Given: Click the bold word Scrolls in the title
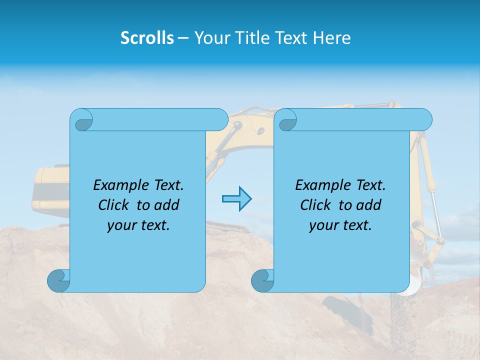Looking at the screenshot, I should [147, 38].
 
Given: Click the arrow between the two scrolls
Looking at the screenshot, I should [236, 198].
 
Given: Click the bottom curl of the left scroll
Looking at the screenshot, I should [59, 280].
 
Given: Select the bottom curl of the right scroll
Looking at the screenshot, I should [263, 280].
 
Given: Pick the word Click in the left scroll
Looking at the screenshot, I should [109, 205].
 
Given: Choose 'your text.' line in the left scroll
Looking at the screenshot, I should [138, 225].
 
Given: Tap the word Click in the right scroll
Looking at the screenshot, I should [311, 205].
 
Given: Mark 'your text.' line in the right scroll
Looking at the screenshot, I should [340, 225].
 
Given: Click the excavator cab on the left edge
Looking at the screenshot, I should [50, 190].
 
